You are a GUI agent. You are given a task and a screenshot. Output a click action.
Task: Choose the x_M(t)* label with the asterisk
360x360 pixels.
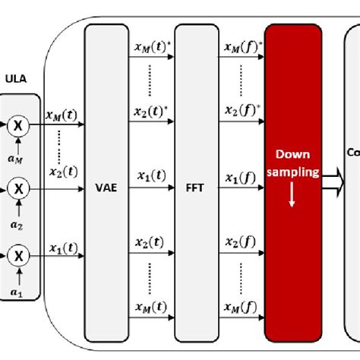[152, 48]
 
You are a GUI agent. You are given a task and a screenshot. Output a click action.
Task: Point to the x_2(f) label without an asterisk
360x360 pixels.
[240, 242]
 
